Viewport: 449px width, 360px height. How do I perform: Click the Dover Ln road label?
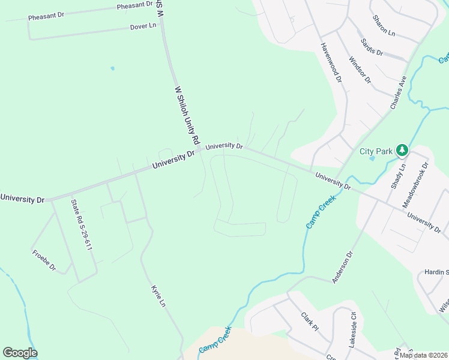[143, 26]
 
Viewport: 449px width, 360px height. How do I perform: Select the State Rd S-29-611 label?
[82, 224]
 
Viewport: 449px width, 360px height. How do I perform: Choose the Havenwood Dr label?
[331, 62]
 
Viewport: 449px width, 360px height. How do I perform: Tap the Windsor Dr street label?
[360, 70]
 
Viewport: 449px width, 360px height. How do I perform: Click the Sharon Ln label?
[384, 26]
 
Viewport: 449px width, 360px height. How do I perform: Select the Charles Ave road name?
[399, 92]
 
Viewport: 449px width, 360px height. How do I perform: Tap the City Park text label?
[376, 151]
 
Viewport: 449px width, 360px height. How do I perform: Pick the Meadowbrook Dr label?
[415, 184]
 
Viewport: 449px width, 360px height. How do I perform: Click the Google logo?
[20, 353]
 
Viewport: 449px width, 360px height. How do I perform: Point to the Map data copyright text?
[423, 355]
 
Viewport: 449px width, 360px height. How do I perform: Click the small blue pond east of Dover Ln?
[112, 68]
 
